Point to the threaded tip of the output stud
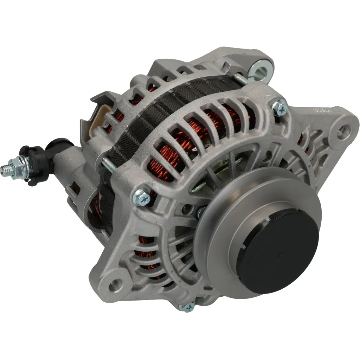point(5,170)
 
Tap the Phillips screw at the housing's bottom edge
point(186,307)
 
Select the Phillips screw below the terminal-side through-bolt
point(142,198)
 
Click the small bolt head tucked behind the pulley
point(201,212)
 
